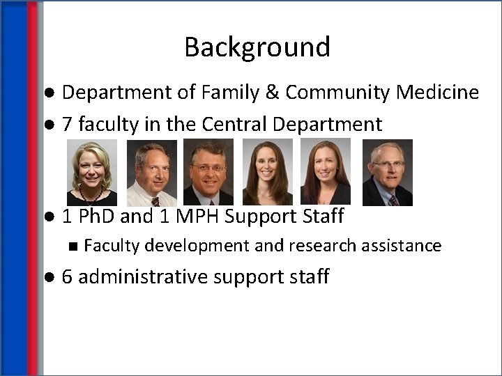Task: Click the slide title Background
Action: (257, 47)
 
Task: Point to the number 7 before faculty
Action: (67, 125)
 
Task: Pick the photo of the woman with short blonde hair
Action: (91, 173)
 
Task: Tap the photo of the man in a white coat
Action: (151, 173)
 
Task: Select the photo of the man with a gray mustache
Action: (208, 173)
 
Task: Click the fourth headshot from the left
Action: (268, 173)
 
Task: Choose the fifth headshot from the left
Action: (325, 173)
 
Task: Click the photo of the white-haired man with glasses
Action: (387, 173)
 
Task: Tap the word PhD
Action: (96, 217)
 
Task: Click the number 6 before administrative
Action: (67, 277)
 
